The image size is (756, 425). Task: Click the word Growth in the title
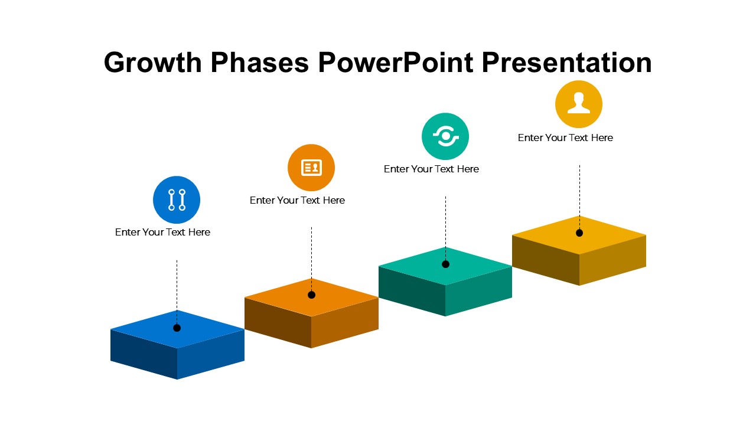[153, 63]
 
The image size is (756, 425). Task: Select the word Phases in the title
[259, 63]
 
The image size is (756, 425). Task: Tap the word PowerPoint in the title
[395, 63]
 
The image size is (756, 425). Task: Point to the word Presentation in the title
[566, 63]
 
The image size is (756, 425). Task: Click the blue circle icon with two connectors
[177, 200]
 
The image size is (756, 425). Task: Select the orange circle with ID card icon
[311, 168]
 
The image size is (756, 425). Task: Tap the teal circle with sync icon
[445, 136]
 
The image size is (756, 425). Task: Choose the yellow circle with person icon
[579, 104]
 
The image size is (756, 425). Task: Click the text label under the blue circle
[162, 232]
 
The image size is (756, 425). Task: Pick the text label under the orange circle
[297, 200]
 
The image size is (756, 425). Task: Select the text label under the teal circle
[431, 169]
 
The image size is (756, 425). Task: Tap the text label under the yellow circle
[565, 138]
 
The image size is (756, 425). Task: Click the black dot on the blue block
[177, 328]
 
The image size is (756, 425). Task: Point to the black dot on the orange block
[311, 295]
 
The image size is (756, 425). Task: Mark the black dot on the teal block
[445, 264]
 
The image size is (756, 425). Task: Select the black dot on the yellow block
[579, 233]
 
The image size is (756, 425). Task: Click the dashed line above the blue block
[177, 292]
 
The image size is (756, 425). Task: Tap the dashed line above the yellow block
[580, 197]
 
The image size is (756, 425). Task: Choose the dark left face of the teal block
[412, 291]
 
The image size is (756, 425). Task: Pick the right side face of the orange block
[345, 322]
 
